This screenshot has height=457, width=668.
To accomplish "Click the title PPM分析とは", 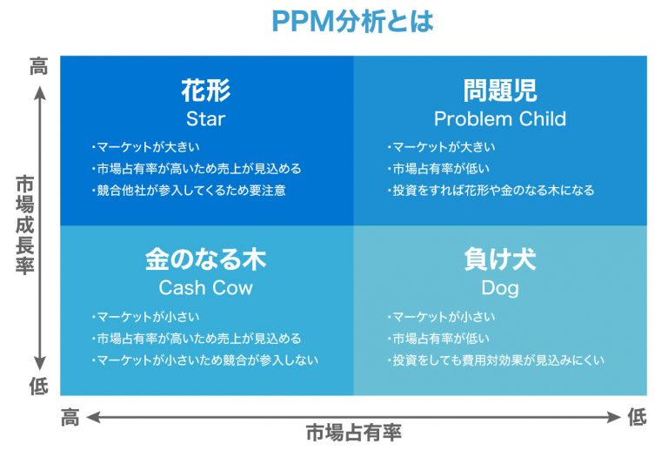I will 351,21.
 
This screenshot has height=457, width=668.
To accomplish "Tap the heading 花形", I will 205,91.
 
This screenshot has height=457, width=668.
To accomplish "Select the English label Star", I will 205,118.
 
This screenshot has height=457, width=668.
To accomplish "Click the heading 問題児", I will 499,91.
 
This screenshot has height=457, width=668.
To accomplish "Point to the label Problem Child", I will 499,118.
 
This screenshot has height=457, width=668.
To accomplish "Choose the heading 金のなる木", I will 205,259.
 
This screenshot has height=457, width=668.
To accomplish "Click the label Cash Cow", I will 205,287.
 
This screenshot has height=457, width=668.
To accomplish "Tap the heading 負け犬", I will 499,259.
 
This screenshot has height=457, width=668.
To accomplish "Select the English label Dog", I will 499,287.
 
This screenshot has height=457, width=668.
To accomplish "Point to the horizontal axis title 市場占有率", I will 353,433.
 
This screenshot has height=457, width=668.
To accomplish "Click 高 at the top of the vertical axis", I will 38,67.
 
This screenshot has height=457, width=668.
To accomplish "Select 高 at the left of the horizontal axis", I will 70,418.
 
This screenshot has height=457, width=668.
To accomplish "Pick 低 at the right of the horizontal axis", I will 638,418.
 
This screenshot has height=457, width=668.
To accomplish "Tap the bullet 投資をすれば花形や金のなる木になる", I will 491,190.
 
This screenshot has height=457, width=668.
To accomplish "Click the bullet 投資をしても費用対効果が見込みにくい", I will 496,360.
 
